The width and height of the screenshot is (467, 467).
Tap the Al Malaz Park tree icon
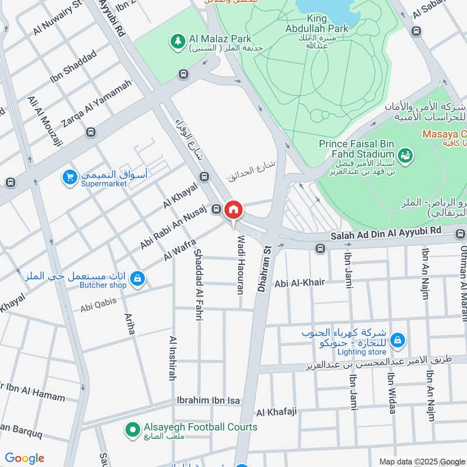[177, 41]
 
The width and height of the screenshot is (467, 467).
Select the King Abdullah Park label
[317, 23]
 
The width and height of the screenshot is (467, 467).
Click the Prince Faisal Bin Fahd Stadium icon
[403, 155]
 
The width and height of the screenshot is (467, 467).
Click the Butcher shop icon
[137, 279]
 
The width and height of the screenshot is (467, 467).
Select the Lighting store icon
[397, 340]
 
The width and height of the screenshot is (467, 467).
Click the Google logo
[25, 458]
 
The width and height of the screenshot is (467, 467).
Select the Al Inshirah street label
[173, 358]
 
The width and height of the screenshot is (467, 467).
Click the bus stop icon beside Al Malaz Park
[184, 74]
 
